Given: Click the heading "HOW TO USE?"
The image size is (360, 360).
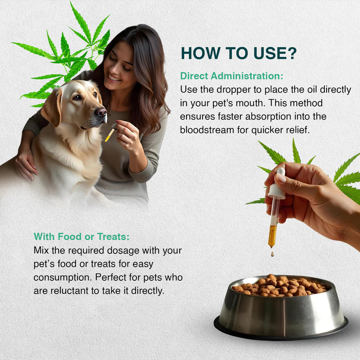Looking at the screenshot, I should pos(239,53).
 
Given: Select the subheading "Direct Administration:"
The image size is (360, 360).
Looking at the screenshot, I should pos(232,76).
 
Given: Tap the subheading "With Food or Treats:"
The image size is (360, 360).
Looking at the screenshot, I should pos(81,237).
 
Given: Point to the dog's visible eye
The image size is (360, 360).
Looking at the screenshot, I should pos(77,97).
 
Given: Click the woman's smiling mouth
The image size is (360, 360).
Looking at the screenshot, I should pos(114,77).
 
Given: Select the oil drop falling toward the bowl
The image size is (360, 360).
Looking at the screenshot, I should pos(272,253).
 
